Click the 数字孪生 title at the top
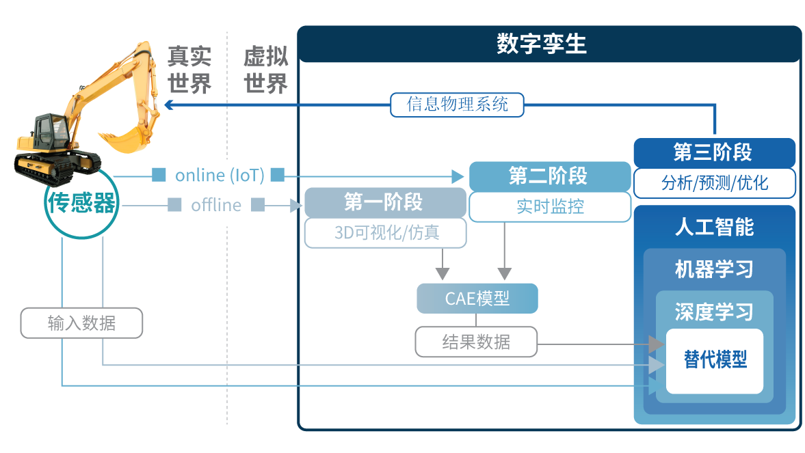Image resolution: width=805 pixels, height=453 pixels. pyautogui.click(x=542, y=44)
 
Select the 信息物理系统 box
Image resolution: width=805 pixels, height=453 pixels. pyautogui.click(x=458, y=105)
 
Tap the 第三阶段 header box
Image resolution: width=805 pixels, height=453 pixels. pyautogui.click(x=713, y=153)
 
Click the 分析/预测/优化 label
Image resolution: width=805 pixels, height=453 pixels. pyautogui.click(x=714, y=183)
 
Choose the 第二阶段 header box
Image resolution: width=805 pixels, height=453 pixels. pyautogui.click(x=549, y=176)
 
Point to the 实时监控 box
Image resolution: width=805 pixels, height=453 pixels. pyautogui.click(x=550, y=206)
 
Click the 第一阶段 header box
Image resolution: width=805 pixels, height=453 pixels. pyautogui.click(x=384, y=202)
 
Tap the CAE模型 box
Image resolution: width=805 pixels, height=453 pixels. pyautogui.click(x=477, y=299)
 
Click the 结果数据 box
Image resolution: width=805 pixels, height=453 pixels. pyautogui.click(x=476, y=342)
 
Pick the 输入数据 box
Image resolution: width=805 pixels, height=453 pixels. pyautogui.click(x=81, y=323)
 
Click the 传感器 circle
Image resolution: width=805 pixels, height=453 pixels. pyautogui.click(x=81, y=203)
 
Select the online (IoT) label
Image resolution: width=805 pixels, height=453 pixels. pyautogui.click(x=219, y=176)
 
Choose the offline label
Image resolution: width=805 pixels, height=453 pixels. pyautogui.click(x=216, y=205)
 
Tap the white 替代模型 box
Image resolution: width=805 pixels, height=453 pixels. pyautogui.click(x=715, y=361)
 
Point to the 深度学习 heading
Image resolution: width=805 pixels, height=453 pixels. pyautogui.click(x=714, y=312)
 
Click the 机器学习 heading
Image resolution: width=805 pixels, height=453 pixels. pyautogui.click(x=714, y=269)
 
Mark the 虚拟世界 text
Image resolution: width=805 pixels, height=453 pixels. pyautogui.click(x=266, y=70)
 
